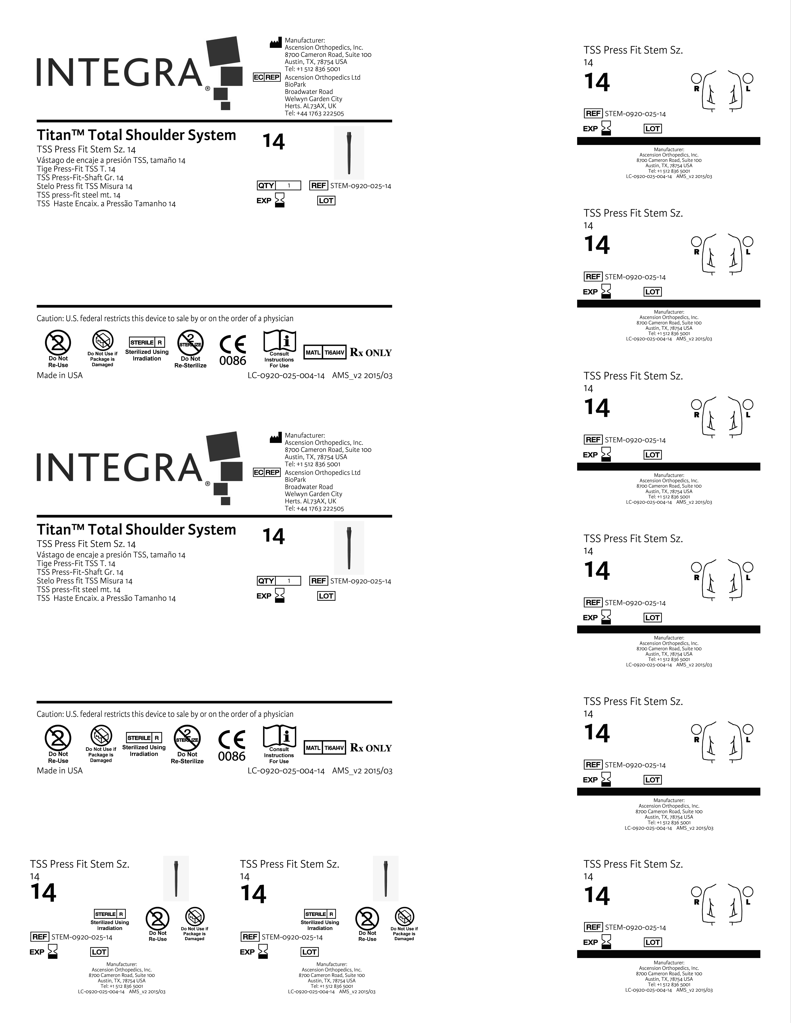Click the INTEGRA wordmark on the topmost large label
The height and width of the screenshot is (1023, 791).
[x=119, y=73]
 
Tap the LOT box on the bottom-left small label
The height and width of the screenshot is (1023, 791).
[x=99, y=952]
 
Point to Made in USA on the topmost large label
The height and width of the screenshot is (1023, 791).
[x=60, y=375]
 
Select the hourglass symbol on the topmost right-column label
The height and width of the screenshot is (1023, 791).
[x=606, y=128]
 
